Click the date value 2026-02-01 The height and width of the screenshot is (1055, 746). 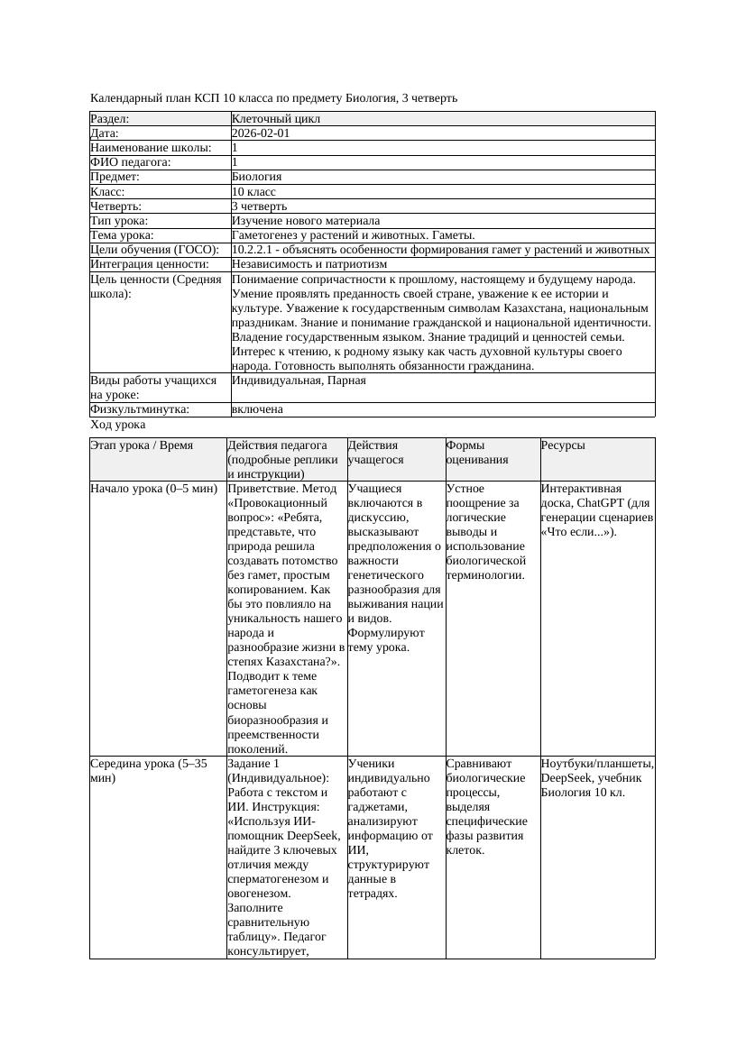[261, 133]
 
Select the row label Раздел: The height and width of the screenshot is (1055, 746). [110, 119]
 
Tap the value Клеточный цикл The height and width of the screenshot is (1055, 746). [276, 119]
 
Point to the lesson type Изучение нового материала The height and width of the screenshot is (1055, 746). [306, 221]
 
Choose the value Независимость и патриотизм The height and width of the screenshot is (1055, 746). [309, 264]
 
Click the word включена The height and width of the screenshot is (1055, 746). [257, 409]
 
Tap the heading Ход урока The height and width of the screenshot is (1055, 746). [118, 425]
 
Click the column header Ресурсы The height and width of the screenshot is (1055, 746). [562, 445]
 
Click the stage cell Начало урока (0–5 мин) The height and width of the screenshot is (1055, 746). [154, 489]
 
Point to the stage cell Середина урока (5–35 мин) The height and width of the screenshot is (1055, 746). [149, 770]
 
